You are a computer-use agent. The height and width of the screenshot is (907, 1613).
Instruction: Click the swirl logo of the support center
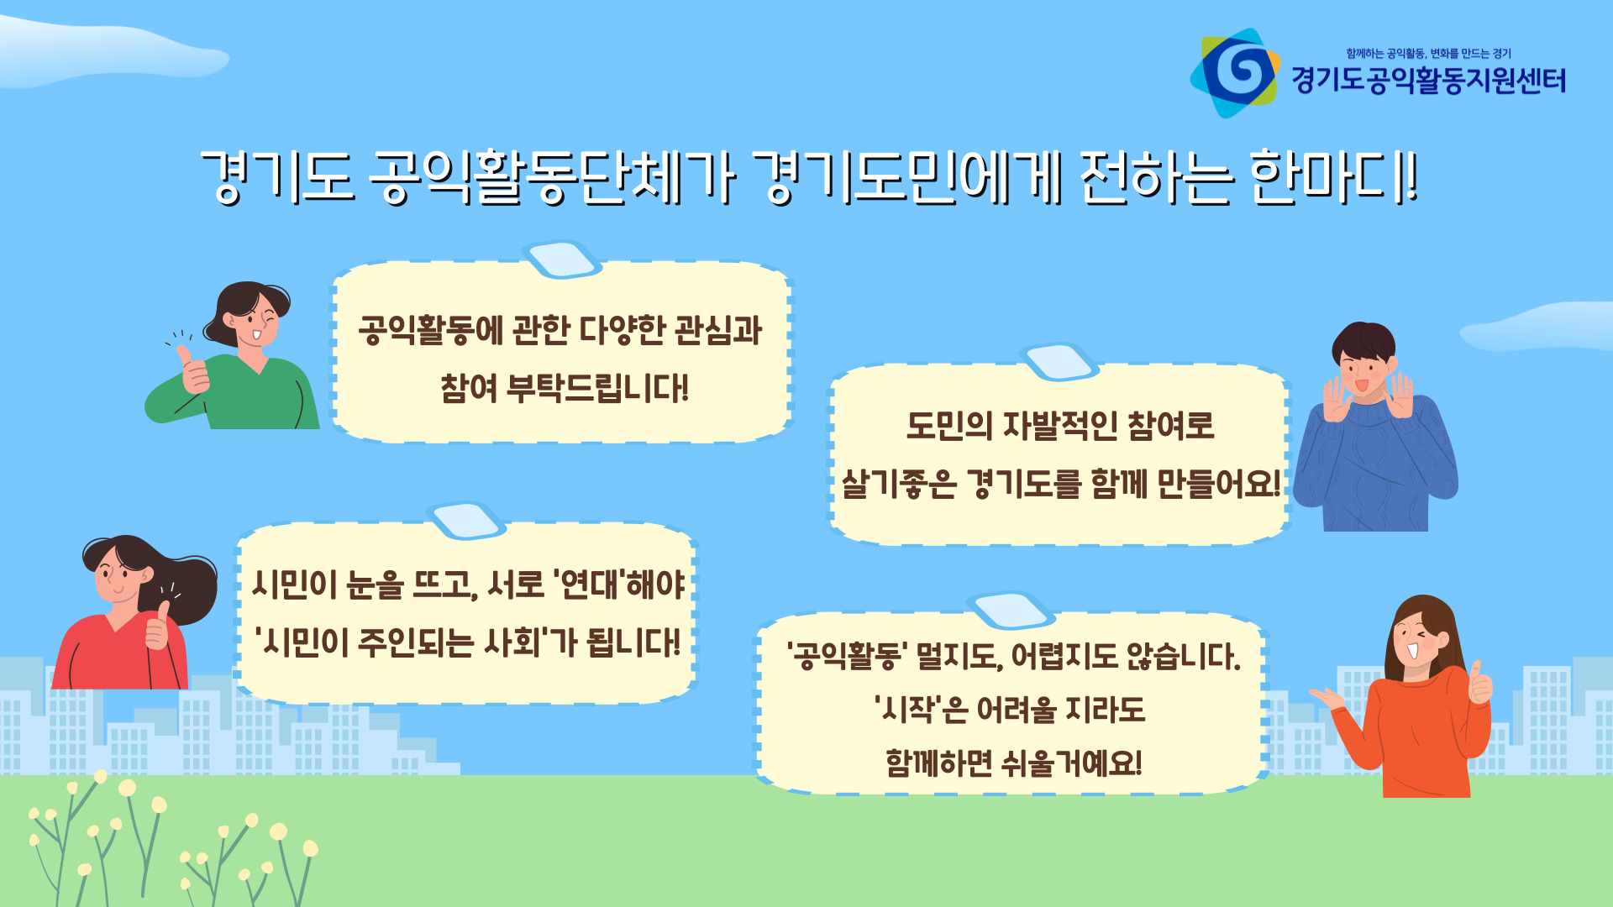pos(1235,73)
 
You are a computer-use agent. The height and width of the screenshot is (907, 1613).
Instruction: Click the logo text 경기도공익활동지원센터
pos(1429,81)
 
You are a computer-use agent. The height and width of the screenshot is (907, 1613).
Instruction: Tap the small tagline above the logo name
pos(1429,53)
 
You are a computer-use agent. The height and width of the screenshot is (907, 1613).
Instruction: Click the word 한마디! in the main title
pos(1333,177)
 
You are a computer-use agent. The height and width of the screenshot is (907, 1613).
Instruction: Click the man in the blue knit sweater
pos(1375,427)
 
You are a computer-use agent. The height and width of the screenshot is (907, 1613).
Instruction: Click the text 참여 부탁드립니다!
pos(565,388)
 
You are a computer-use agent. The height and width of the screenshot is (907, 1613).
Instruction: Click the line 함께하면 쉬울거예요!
pos(1014,763)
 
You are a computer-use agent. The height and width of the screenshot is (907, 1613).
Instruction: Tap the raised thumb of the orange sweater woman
pos(1479,683)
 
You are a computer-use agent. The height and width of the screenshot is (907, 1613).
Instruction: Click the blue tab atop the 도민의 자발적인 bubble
pos(1059,362)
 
